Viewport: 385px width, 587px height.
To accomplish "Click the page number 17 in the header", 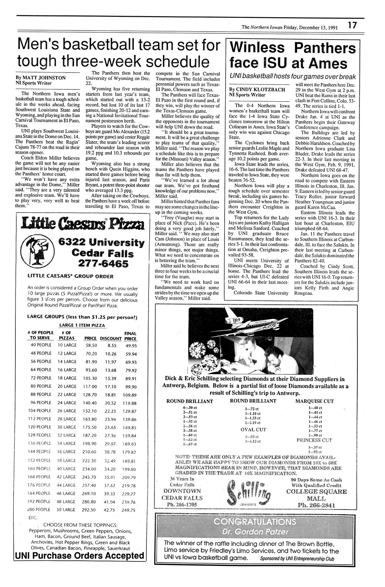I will coord(352,26).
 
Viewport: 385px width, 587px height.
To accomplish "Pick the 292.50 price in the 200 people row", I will coord(90,510).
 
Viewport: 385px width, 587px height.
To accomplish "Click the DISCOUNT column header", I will coord(111,339).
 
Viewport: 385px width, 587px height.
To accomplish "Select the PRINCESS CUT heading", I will coord(314,440).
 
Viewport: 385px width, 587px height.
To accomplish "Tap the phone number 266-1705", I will coord(181,504).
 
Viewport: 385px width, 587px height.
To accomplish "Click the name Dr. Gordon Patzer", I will coord(255,533).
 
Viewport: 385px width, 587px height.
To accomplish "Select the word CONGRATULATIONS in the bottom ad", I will coord(255,522).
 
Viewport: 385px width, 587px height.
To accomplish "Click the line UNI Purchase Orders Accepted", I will coord(80,555).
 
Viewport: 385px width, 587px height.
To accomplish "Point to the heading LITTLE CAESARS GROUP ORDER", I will coord(70,276).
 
